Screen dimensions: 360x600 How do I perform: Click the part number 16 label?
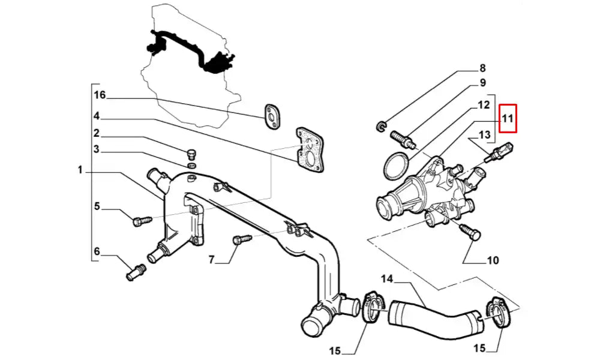tap(100, 95)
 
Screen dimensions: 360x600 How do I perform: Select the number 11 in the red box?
tap(508, 118)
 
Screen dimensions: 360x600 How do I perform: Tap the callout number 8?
tap(482, 68)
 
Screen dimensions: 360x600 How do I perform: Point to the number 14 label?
tap(388, 278)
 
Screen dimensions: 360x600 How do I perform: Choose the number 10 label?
tap(492, 260)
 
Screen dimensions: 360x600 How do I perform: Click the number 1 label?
tap(80, 170)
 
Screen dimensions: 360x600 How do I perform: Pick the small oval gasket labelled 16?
tap(272, 116)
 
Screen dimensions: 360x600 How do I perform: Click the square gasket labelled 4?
tap(308, 150)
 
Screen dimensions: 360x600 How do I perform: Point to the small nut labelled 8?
tap(380, 125)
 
